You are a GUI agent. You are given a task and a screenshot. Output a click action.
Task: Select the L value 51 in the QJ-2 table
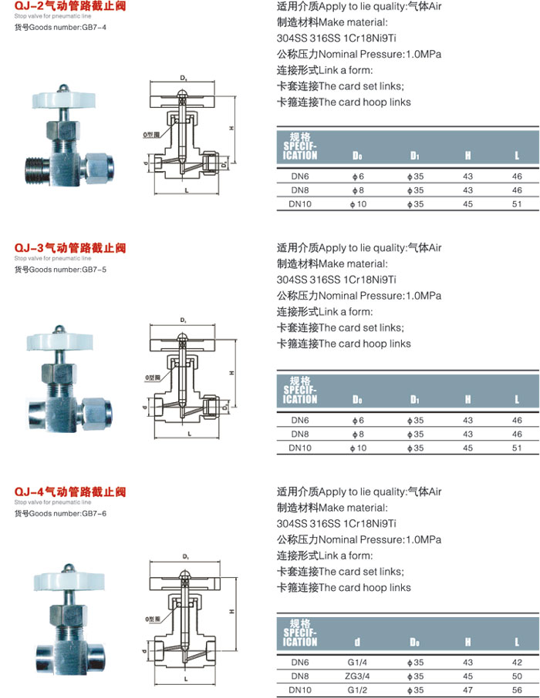517,204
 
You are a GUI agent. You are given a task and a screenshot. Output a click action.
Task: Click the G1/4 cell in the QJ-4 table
357,662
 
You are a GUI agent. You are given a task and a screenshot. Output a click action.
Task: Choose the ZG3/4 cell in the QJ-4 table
357,676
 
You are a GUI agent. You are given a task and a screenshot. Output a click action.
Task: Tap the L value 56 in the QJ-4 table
517,690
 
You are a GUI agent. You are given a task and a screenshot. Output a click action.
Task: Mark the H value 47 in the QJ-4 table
467,690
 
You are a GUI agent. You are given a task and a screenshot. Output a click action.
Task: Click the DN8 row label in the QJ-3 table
299,434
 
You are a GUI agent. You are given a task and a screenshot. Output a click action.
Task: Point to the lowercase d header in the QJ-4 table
357,641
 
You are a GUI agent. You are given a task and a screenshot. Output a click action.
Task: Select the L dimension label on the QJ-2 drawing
187,189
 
